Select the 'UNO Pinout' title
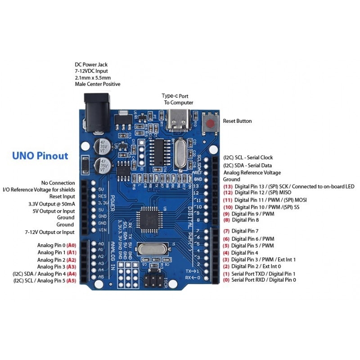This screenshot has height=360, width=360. pyautogui.click(x=40, y=156)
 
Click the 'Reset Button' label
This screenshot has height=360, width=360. pyautogui.click(x=238, y=121)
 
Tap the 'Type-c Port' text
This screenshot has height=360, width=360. pyautogui.click(x=175, y=96)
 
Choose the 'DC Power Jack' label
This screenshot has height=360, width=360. pyautogui.click(x=91, y=65)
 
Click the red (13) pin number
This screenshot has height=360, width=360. pyautogui.click(x=228, y=186)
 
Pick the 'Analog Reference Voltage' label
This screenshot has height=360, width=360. pyautogui.click(x=252, y=173)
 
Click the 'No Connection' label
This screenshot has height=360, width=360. pyautogui.click(x=58, y=183)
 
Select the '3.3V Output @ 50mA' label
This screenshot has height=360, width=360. pyautogui.click(x=51, y=204)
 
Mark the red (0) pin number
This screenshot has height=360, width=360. pyautogui.click(x=226, y=280)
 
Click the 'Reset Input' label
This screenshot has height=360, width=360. pyautogui.click(x=62, y=197)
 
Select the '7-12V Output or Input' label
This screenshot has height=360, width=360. pyautogui.click(x=49, y=232)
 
